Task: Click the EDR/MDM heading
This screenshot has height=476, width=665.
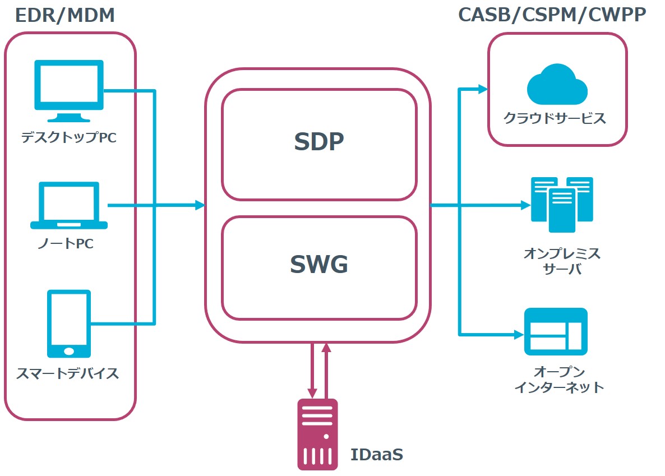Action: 65,15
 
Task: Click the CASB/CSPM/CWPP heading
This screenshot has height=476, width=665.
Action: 552,15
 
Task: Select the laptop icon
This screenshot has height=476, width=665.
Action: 68,206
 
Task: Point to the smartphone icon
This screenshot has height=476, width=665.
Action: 69,324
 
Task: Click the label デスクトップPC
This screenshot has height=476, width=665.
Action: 69,137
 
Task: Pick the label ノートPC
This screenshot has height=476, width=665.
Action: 69,244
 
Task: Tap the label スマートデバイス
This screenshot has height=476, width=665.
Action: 68,373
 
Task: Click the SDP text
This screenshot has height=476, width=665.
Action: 318,142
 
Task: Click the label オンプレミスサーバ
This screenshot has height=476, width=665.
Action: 562,261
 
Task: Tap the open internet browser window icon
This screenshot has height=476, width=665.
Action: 555,331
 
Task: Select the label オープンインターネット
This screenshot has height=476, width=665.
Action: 559,380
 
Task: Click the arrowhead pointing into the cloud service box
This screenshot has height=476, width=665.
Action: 482,88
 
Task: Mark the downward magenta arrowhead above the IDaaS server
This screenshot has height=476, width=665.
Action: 312,393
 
